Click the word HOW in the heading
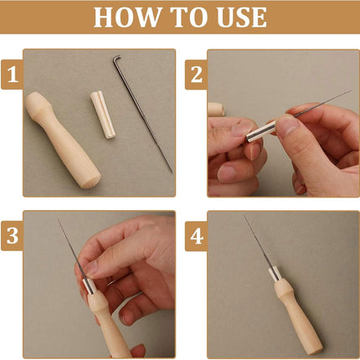tap(127, 18)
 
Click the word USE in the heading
tap(241, 18)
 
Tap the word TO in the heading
tap(189, 18)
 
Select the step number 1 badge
tap(12, 75)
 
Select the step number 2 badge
tap(196, 75)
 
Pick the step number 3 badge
tap(12, 236)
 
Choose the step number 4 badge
tap(196, 236)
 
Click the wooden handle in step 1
tap(62, 141)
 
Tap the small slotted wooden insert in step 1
tap(103, 115)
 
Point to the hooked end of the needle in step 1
tap(116, 58)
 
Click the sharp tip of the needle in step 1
tap(172, 172)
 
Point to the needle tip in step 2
tap(351, 90)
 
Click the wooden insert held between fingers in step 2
tap(261, 131)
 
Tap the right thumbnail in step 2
tap(287, 126)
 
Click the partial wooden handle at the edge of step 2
tap(216, 109)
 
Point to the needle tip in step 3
tap(59, 221)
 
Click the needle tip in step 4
tap(244, 216)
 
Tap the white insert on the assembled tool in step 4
tap(274, 274)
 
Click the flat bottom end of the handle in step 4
tap(317, 350)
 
